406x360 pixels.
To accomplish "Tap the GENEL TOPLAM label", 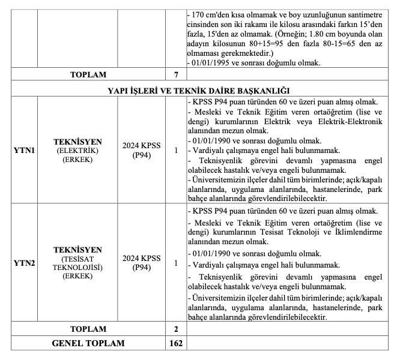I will (88, 343).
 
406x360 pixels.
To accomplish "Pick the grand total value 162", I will (176, 343).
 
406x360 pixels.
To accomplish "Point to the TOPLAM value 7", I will (176, 75).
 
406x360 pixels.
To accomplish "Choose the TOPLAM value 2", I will (176, 329).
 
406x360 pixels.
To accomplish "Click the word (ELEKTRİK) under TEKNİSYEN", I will (77, 150).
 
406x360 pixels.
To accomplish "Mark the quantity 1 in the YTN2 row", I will (176, 263).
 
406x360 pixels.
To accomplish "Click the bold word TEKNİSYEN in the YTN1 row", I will (77, 142).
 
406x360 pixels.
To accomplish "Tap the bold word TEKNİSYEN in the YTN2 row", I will (77, 250).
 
